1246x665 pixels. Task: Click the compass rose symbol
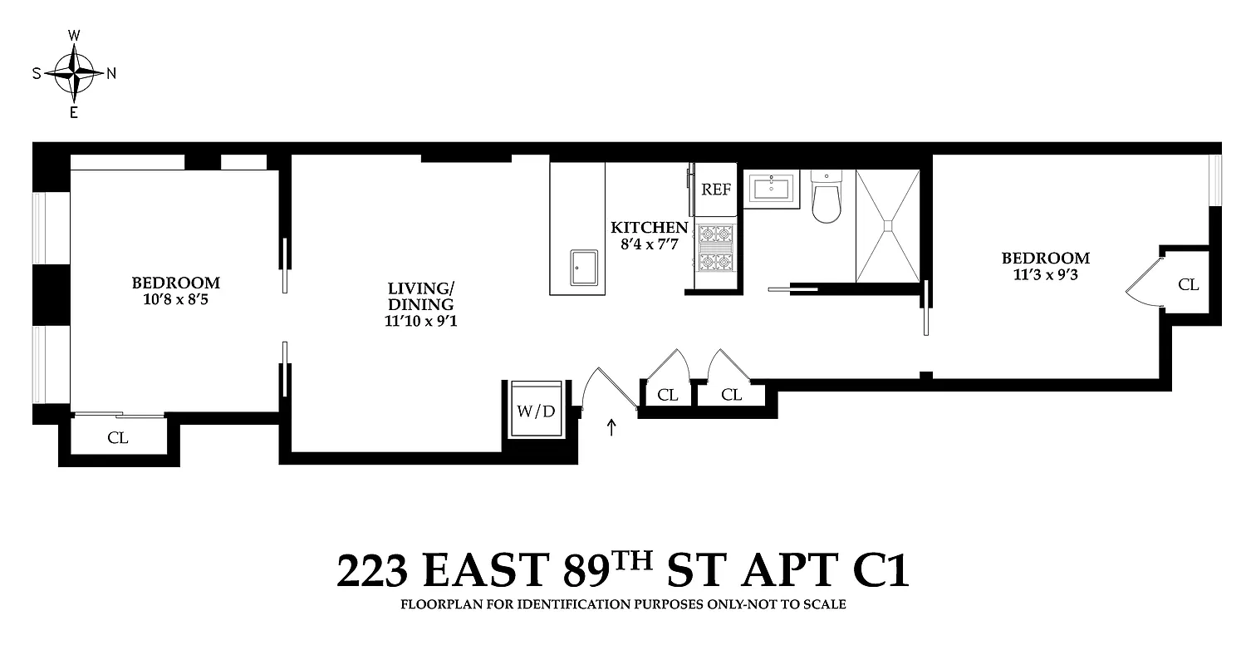(x=74, y=73)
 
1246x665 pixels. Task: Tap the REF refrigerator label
(x=716, y=189)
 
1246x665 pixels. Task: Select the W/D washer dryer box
(x=536, y=411)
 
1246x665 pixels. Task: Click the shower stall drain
(x=888, y=224)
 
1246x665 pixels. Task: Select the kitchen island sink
(x=586, y=266)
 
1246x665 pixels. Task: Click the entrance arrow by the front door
(x=612, y=428)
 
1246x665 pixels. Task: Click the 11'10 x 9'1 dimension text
(x=421, y=320)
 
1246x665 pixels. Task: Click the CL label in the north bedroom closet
(x=1188, y=285)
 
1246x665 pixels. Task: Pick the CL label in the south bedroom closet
(x=118, y=438)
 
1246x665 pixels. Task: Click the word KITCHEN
(x=650, y=228)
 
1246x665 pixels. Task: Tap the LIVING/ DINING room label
(x=421, y=297)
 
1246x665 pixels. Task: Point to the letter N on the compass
(x=111, y=73)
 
